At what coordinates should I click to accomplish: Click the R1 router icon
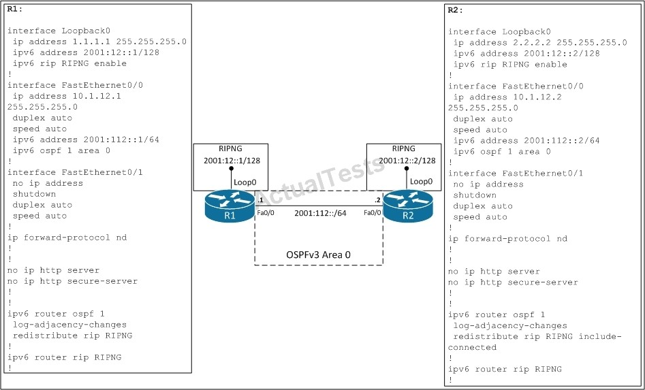coord(230,207)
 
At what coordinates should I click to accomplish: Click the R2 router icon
coord(408,207)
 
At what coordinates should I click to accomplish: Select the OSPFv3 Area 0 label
coord(318,255)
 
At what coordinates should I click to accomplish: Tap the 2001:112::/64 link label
coord(320,213)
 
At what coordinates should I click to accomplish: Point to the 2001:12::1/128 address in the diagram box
coord(232,161)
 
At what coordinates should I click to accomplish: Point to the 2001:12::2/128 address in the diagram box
coord(407,161)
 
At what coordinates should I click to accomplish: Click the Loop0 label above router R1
coord(245,182)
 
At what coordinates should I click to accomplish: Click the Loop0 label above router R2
coord(421,181)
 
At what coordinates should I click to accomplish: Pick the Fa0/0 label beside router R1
coord(266,213)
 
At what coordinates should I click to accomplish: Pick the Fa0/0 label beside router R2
coord(373,213)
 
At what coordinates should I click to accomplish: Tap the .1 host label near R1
coord(259,201)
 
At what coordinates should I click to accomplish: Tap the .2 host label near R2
coord(377,201)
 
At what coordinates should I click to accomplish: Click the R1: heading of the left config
coord(15,9)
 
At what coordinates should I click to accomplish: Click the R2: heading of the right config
coord(456,10)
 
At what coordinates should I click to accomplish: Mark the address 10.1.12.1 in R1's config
coord(94,96)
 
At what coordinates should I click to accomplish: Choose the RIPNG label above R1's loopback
coord(230,149)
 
